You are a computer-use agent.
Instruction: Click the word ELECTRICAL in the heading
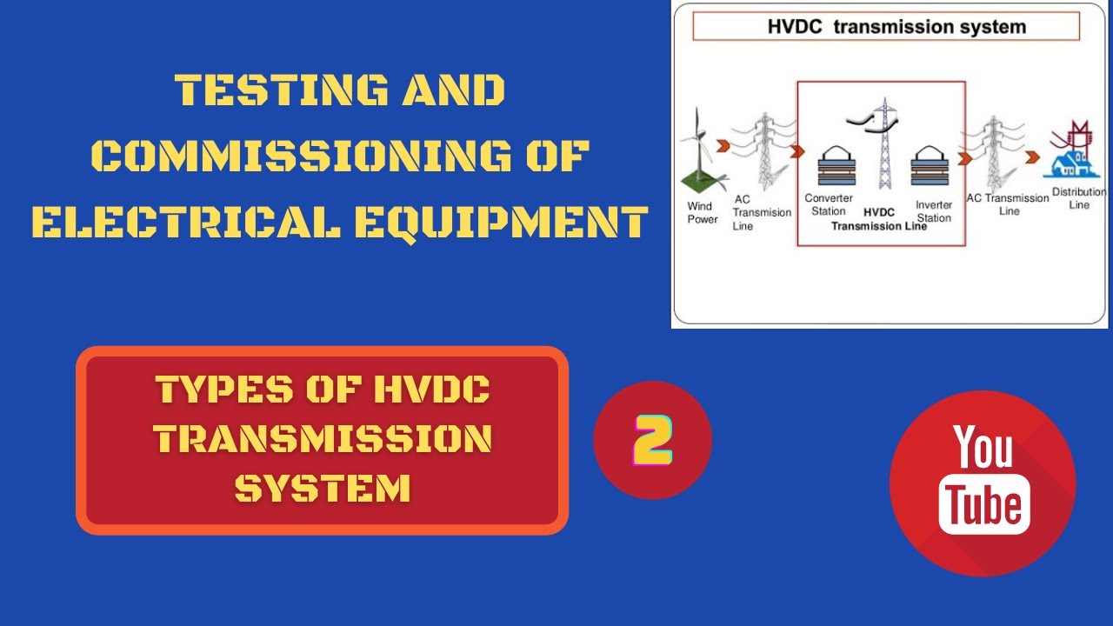pyautogui.click(x=186, y=222)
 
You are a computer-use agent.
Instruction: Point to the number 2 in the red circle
pyautogui.click(x=652, y=440)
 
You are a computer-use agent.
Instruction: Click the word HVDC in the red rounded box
pyautogui.click(x=431, y=390)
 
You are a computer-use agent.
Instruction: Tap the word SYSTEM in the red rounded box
pyautogui.click(x=323, y=489)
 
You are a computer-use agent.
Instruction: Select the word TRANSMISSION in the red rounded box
pyautogui.click(x=323, y=439)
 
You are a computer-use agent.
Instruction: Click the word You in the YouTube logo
pyautogui.click(x=983, y=447)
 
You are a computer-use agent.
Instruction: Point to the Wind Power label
pyautogui.click(x=702, y=213)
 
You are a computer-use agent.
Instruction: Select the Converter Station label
pyautogui.click(x=828, y=204)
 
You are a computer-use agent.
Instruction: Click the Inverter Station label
pyautogui.click(x=934, y=211)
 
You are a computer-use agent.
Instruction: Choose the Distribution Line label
pyautogui.click(x=1078, y=198)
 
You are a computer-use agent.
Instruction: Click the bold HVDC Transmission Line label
pyautogui.click(x=880, y=219)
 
